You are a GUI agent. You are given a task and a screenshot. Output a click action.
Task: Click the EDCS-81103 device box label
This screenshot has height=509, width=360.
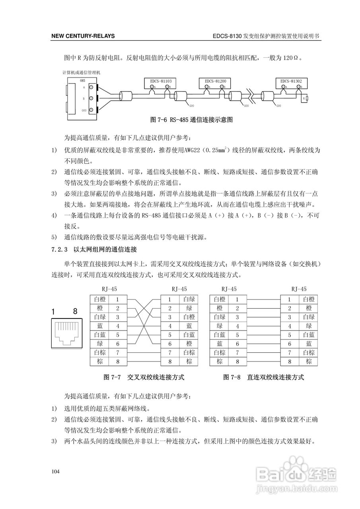point(161,81)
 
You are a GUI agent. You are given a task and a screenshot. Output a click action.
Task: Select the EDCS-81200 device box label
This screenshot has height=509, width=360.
point(215,81)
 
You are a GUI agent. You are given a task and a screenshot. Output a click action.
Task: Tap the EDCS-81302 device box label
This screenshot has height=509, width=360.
point(291,81)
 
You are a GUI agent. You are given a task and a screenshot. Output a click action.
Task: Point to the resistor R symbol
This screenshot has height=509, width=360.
point(307,97)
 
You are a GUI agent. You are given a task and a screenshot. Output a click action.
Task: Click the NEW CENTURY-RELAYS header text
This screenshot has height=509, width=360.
point(83,36)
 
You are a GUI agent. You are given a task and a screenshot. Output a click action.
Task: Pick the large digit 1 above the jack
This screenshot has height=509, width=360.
point(53,312)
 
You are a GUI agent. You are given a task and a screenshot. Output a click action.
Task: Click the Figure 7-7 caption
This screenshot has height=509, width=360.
point(144,376)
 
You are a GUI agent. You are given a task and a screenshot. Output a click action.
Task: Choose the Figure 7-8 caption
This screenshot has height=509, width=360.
point(263,376)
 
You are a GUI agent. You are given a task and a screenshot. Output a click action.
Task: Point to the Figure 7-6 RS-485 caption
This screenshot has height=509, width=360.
point(191,119)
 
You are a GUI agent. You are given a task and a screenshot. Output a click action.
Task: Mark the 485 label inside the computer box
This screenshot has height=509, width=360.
point(83,80)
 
